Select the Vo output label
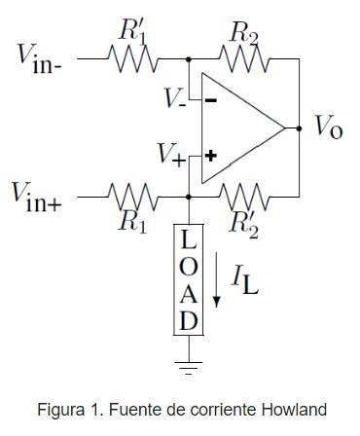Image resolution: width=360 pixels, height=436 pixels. tap(327, 127)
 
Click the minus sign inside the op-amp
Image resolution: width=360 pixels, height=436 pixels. tap(210, 99)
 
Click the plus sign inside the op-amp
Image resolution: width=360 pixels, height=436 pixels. tap(210, 155)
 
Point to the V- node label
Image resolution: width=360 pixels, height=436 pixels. tap(175, 98)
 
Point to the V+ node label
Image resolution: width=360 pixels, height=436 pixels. tap(176, 155)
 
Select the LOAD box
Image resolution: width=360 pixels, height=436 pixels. tap(188, 279)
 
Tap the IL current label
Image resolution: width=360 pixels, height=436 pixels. tap(243, 279)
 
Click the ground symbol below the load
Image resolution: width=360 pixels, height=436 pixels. tap(188, 366)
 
